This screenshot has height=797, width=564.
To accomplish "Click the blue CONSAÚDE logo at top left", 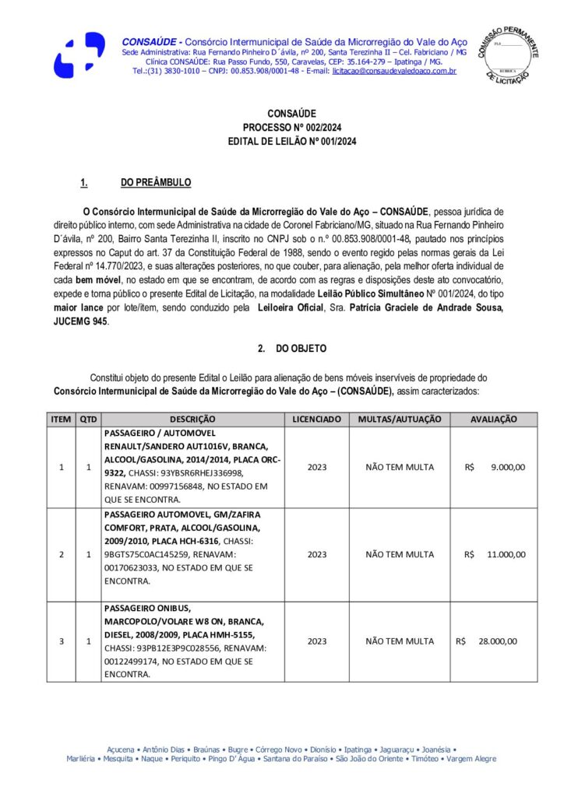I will [78, 54].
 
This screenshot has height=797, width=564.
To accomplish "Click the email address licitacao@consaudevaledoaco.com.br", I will [393, 71].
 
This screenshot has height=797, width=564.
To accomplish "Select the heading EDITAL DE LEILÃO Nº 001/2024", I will [281, 142].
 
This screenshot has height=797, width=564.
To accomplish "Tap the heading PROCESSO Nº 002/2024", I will [281, 128].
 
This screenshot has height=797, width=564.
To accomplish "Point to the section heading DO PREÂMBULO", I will [156, 183].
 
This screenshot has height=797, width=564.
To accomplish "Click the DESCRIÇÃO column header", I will [192, 419].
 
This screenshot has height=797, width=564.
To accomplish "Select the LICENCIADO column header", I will [317, 419].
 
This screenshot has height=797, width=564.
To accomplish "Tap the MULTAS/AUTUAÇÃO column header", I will [400, 419].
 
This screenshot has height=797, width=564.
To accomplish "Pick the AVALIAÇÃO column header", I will [493, 419].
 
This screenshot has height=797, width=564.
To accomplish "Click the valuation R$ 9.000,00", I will [495, 468].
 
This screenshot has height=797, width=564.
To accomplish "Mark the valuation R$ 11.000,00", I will [495, 555].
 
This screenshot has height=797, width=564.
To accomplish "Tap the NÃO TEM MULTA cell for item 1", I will [400, 468].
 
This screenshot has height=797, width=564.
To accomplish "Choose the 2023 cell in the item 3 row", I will [317, 641].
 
